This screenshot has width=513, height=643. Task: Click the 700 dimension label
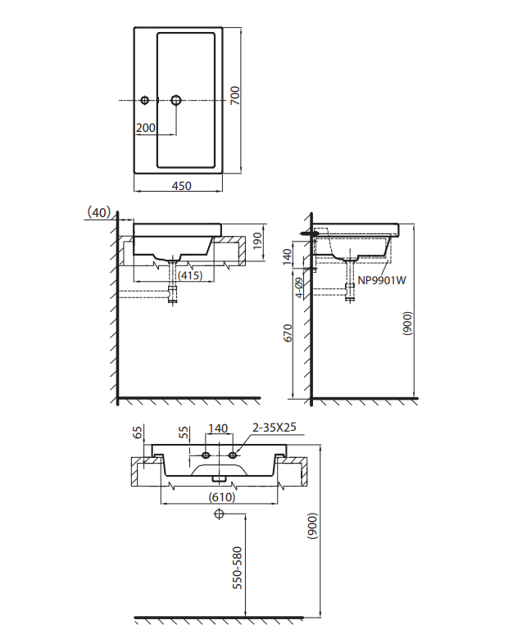(x=235, y=96)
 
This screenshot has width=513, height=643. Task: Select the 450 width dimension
(x=181, y=186)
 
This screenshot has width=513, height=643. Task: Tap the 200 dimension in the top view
(x=146, y=128)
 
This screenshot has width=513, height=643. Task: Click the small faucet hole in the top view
(x=144, y=100)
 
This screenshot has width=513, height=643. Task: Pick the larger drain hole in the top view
(x=176, y=100)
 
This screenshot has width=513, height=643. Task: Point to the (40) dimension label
(x=99, y=212)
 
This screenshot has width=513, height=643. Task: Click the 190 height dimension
(x=257, y=242)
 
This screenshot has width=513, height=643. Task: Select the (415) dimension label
(x=190, y=275)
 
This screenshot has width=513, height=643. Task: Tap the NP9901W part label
(x=382, y=280)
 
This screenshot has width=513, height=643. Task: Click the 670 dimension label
(x=288, y=333)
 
